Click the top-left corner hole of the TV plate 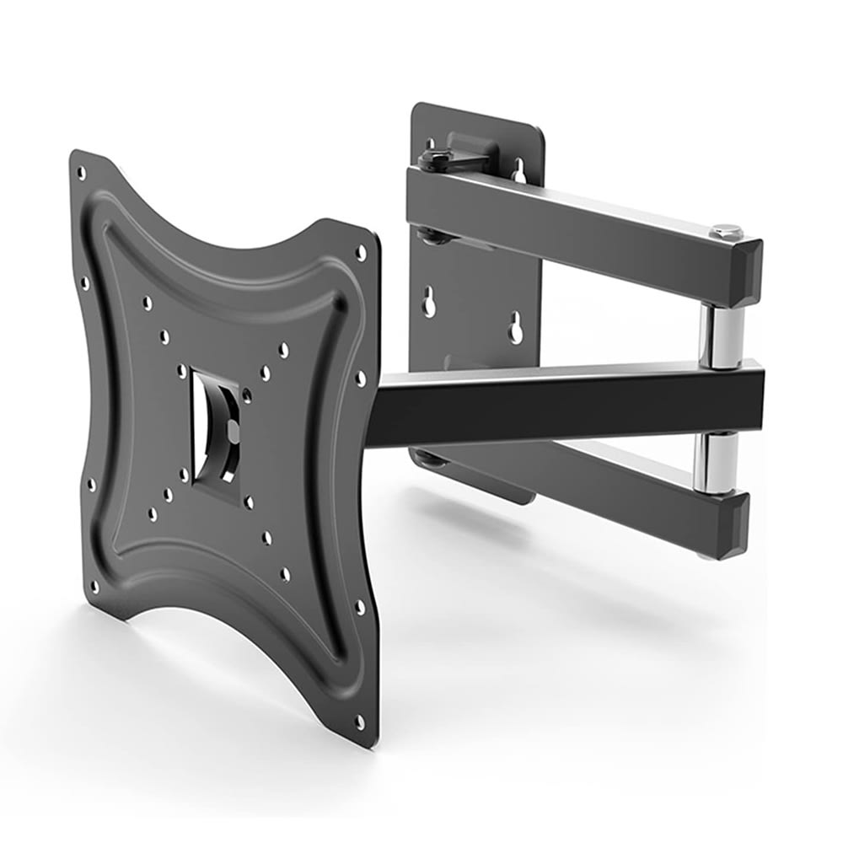click(82, 173)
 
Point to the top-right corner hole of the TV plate click(361, 252)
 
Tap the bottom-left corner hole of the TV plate click(94, 585)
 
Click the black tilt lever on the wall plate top click(447, 152)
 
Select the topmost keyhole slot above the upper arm click(519, 172)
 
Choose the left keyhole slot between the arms click(429, 302)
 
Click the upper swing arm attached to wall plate click(573, 223)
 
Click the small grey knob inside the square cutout click(233, 432)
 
